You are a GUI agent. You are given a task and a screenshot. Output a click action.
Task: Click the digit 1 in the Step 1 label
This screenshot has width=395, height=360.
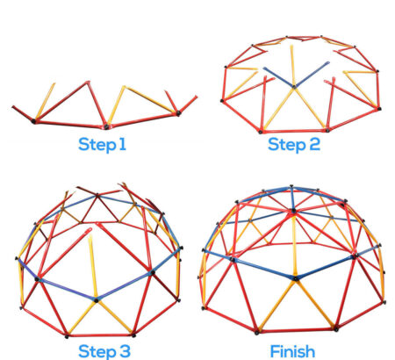pyautogui.click(x=123, y=144)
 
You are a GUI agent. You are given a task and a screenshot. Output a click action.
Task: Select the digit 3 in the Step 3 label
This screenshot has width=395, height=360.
pyautogui.click(x=125, y=351)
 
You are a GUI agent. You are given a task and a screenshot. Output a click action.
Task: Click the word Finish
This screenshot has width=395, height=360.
pyautogui.click(x=292, y=351)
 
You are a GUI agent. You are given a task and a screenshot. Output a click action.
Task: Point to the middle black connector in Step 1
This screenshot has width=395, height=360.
pyautogui.click(x=106, y=127)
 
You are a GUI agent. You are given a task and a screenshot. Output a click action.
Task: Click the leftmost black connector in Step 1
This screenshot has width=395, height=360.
pyautogui.click(x=33, y=120)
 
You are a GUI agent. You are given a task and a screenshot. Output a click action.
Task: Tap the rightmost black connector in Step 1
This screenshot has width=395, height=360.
pyautogui.click(x=178, y=113)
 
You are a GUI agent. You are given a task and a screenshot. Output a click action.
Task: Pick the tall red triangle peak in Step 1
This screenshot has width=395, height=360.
pyautogui.click(x=87, y=83)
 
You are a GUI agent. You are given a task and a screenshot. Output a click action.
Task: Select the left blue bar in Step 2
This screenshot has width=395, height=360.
pyautogui.click(x=278, y=77)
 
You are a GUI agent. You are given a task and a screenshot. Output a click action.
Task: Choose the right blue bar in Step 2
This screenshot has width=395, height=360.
pyautogui.click(x=312, y=75)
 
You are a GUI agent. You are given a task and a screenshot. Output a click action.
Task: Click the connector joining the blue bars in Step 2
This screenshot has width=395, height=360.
pyautogui.click(x=294, y=86)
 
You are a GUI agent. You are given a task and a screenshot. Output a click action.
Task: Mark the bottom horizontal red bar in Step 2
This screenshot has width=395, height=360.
pyautogui.click(x=294, y=131)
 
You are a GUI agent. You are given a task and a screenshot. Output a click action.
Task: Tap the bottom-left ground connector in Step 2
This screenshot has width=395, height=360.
pyautogui.click(x=261, y=132)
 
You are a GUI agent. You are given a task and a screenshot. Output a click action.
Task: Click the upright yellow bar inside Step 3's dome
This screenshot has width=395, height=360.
pyautogui.click(x=92, y=267)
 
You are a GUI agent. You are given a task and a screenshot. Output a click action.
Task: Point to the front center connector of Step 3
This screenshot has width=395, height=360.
pyautogui.click(x=96, y=299)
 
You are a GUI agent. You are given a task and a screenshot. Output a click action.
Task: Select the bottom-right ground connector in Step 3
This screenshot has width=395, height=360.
pyautogui.click(x=133, y=335)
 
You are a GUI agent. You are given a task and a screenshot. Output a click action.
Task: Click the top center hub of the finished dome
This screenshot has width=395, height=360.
pyautogui.click(x=293, y=211)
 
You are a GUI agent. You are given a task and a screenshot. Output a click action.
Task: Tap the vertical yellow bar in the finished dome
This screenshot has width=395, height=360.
pyautogui.click(x=295, y=246)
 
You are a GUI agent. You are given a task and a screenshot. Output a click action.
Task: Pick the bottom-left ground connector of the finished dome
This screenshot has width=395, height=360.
pyautogui.click(x=256, y=333)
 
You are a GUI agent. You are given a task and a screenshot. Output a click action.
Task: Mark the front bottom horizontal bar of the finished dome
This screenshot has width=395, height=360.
pyautogui.click(x=296, y=331)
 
